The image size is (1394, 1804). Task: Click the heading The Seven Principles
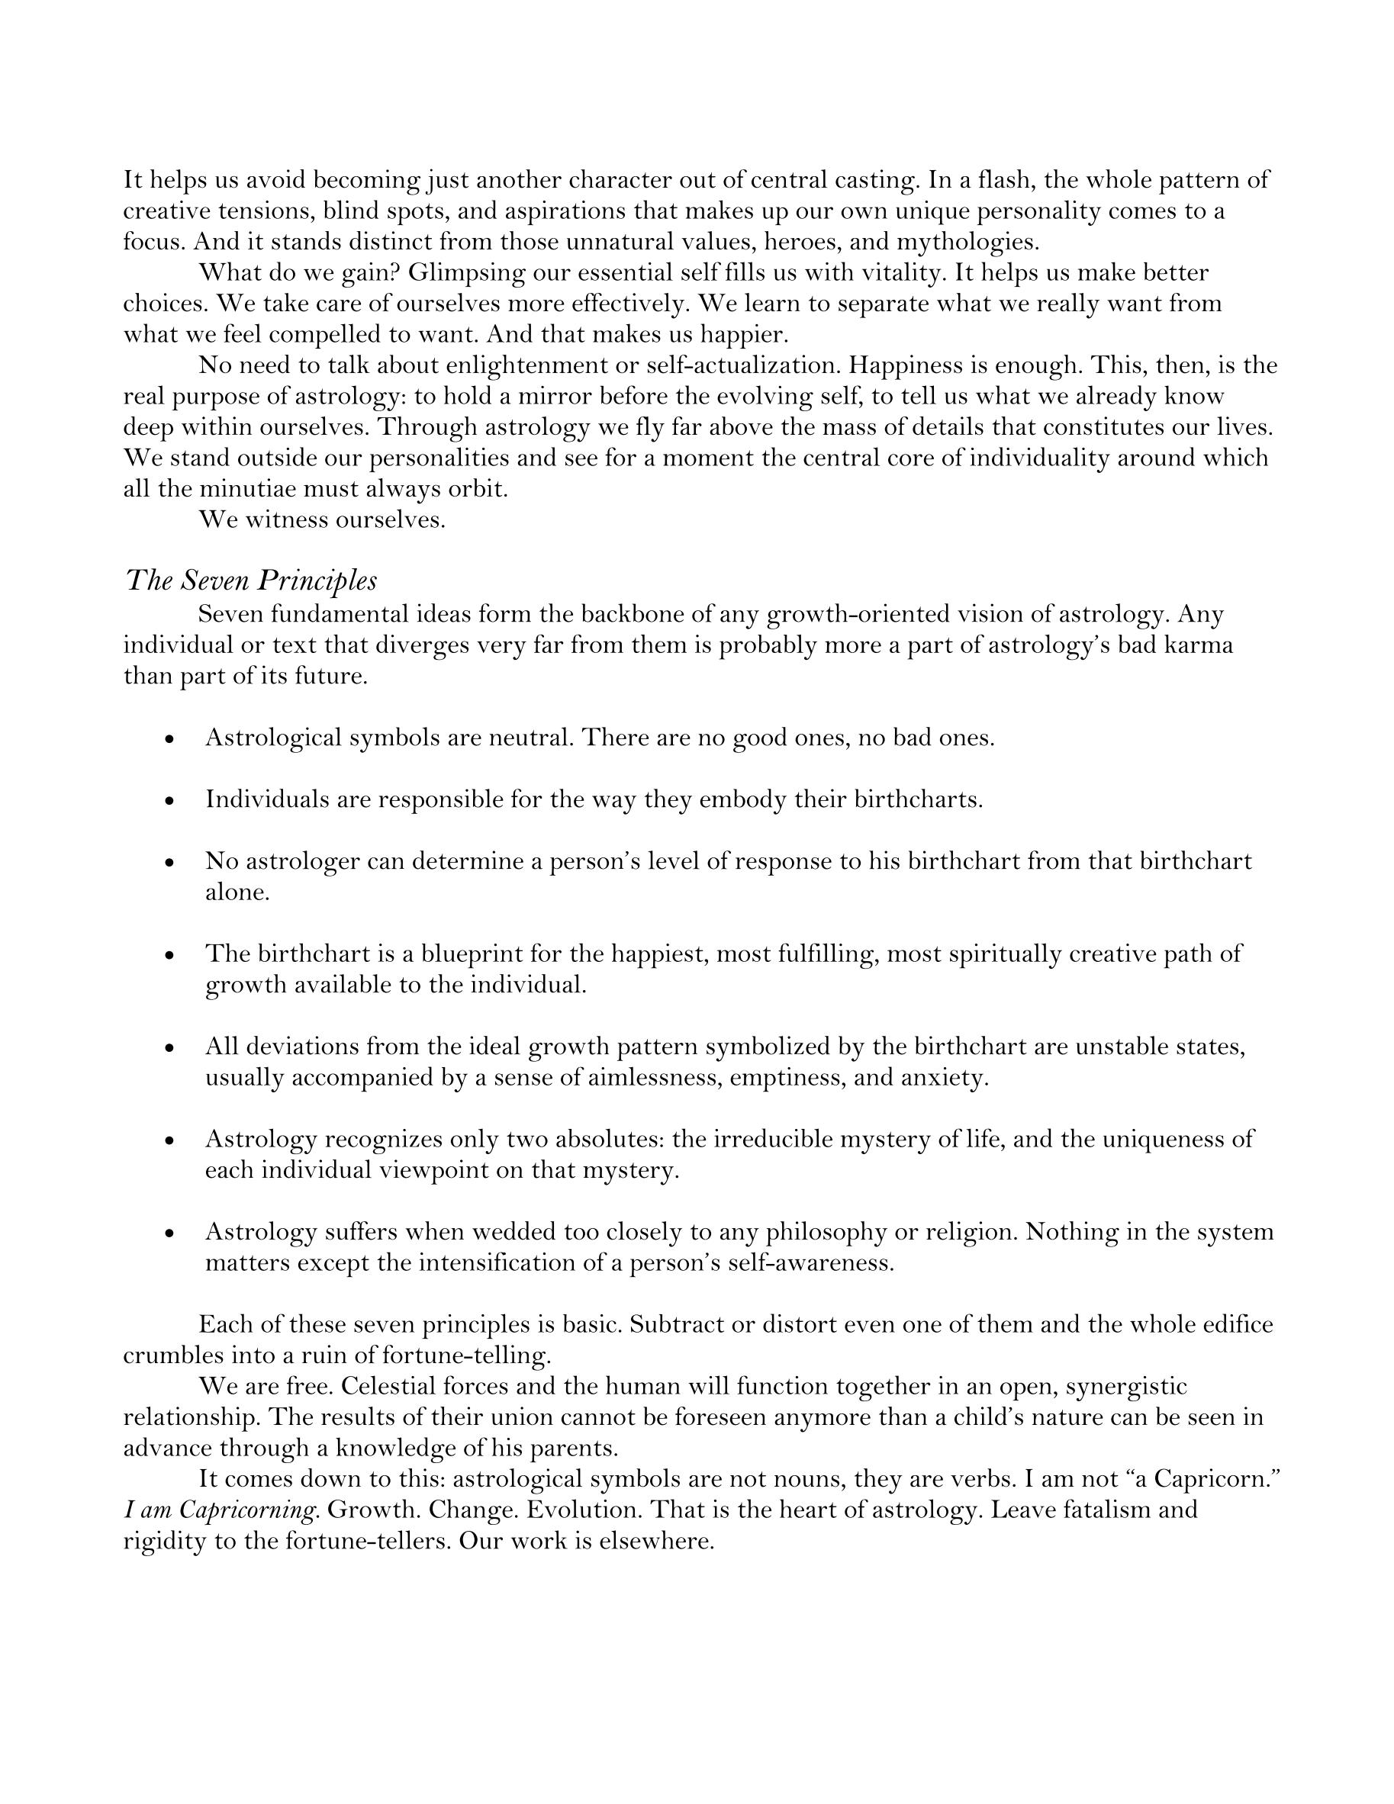(x=250, y=580)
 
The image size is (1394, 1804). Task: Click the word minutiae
(x=247, y=489)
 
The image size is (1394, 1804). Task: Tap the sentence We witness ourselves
(x=321, y=520)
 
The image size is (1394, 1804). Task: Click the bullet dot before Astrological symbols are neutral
(x=169, y=739)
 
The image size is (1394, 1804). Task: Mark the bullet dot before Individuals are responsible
(x=169, y=801)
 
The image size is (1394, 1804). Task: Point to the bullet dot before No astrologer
(x=169, y=863)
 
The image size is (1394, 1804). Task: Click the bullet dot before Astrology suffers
(x=169, y=1234)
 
